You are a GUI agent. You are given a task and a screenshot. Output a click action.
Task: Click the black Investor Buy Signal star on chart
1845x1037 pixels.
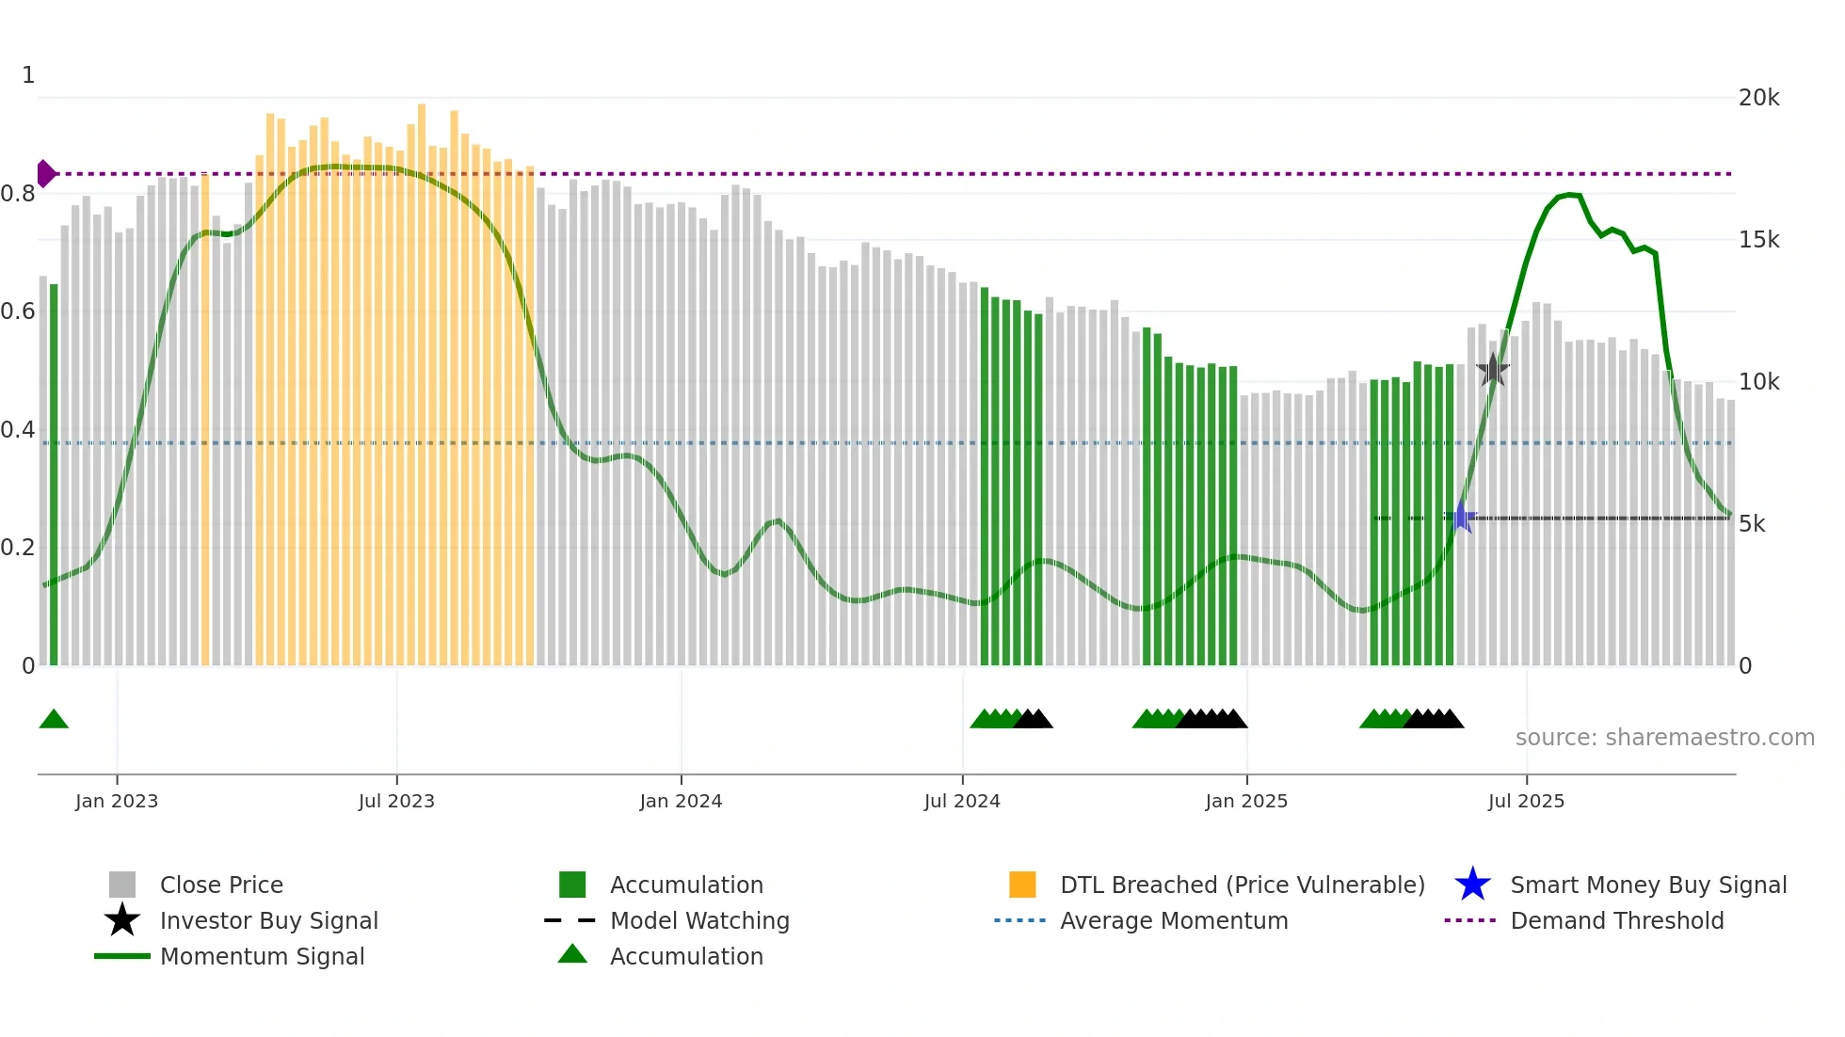click(x=1492, y=370)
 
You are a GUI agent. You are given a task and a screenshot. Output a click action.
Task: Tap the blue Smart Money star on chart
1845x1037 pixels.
click(x=1461, y=518)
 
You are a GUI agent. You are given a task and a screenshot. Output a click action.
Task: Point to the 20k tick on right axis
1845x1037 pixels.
click(x=1758, y=98)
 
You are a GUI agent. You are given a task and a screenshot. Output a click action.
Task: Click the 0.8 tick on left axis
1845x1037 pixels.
click(x=18, y=194)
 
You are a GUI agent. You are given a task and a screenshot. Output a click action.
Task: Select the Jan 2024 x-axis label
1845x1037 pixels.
click(x=681, y=802)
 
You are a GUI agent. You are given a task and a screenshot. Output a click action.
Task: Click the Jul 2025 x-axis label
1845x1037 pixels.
click(x=1526, y=802)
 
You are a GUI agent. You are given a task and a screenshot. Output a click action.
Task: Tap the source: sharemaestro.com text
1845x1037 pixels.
click(x=1664, y=738)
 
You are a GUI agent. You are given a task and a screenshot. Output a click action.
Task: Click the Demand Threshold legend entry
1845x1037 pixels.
click(x=1616, y=921)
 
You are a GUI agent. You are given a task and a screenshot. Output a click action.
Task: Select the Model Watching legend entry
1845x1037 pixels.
click(x=698, y=921)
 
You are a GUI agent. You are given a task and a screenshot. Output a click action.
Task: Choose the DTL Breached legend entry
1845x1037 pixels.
click(x=1242, y=885)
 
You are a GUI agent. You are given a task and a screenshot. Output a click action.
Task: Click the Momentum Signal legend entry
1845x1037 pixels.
click(x=262, y=957)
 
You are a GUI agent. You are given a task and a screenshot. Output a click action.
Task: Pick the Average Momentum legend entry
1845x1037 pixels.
click(x=1173, y=921)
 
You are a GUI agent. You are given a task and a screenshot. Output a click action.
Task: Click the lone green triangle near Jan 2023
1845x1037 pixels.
click(x=54, y=720)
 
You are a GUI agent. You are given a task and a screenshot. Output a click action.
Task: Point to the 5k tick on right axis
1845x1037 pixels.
click(x=1752, y=524)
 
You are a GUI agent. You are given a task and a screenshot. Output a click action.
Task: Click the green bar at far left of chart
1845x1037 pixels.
click(x=54, y=475)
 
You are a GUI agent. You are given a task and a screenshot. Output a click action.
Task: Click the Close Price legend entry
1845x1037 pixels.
click(x=220, y=885)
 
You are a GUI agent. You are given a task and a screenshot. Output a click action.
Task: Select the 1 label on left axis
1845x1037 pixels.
click(x=28, y=75)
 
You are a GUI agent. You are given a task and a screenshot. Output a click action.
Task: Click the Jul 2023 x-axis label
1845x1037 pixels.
click(x=396, y=802)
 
